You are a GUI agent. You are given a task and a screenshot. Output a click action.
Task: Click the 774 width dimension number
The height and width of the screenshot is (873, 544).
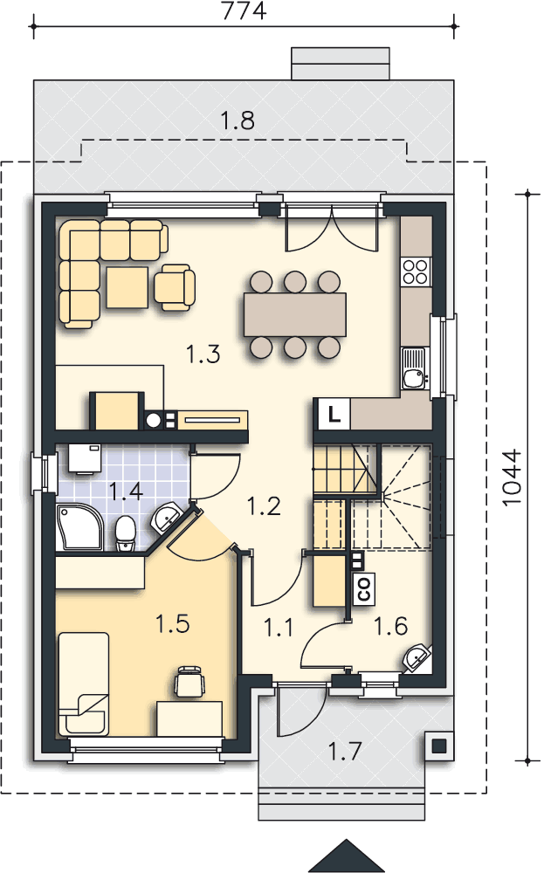coord(244,10)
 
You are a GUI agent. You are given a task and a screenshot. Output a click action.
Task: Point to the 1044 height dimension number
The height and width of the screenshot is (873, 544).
coord(512,478)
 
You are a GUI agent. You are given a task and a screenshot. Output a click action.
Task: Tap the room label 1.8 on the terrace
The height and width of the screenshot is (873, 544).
coord(238,120)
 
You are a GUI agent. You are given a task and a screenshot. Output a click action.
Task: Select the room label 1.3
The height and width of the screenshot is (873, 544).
coord(203,354)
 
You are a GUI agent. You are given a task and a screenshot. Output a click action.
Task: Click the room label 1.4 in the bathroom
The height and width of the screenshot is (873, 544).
coord(126,491)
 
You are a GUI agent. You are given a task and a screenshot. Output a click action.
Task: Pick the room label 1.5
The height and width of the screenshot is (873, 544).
coord(173,623)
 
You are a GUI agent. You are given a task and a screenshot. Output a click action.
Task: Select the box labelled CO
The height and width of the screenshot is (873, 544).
coord(364,588)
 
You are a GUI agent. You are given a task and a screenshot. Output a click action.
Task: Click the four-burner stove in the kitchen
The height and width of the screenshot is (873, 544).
coord(416,272)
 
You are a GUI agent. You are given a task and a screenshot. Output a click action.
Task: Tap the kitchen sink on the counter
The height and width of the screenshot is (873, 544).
coord(414,368)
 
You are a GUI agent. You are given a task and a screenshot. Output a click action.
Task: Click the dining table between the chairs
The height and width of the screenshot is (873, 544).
coord(294,314)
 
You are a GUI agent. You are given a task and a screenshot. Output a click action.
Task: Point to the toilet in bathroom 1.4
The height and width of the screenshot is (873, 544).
coord(125,533)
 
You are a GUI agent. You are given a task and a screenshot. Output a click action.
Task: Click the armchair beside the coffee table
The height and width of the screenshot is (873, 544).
coord(175,286)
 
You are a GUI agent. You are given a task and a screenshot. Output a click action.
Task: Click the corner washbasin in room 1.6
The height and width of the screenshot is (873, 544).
coord(417,658)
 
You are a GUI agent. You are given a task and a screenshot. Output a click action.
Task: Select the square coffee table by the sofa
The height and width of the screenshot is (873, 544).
coord(127,287)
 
